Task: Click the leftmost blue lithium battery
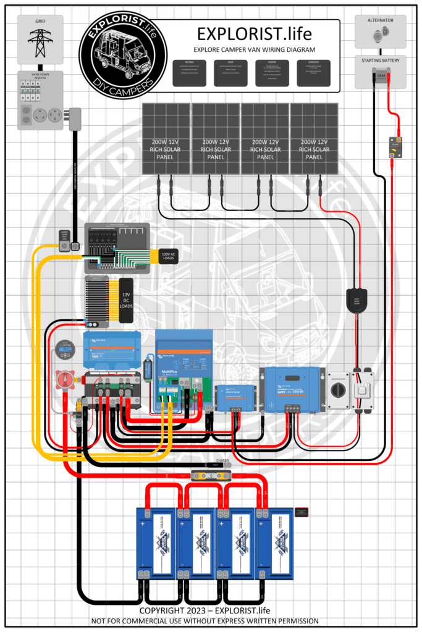pos(157,541)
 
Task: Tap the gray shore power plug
pos(75,117)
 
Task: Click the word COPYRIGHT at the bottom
pos(162,610)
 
